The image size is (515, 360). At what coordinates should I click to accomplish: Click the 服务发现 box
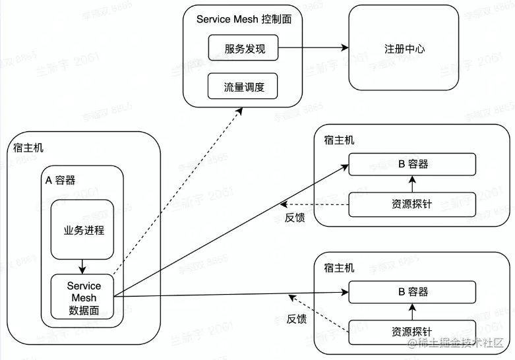click(243, 48)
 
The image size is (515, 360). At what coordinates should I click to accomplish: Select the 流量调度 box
click(243, 86)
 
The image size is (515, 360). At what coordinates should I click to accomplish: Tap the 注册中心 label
click(404, 49)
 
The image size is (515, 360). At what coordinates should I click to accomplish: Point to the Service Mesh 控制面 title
click(244, 19)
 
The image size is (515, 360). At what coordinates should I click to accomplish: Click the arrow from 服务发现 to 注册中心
click(313, 48)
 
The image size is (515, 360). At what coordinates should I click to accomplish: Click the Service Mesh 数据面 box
click(84, 298)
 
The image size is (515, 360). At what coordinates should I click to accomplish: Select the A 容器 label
click(60, 180)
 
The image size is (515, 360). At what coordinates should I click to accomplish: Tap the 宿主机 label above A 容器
click(28, 148)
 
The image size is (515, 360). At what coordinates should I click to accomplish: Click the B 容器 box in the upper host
click(413, 164)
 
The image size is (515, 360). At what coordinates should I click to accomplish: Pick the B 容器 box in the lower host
click(413, 291)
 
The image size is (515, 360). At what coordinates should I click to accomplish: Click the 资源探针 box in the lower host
click(413, 331)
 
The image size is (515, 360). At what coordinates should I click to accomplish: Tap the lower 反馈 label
click(296, 319)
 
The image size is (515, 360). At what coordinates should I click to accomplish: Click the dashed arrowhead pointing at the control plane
click(239, 111)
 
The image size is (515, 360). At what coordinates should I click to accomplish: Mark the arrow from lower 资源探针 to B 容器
click(413, 311)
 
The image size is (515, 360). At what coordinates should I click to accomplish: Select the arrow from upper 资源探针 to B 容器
click(413, 185)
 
